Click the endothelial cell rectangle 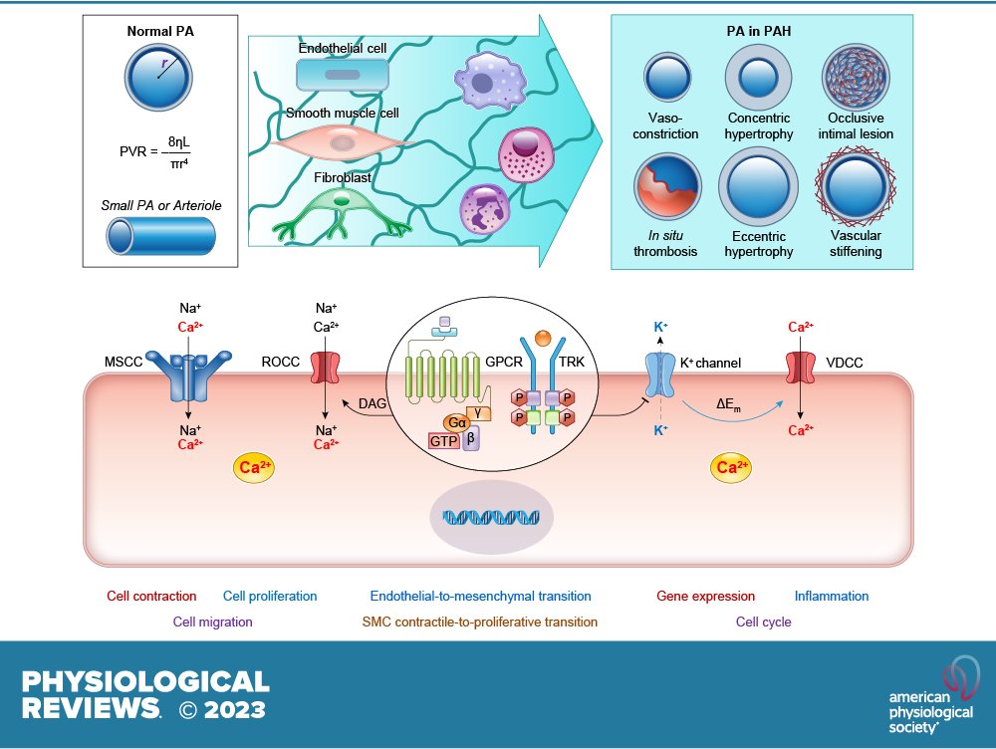pyautogui.click(x=343, y=74)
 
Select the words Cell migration pyautogui.click(x=213, y=622)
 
